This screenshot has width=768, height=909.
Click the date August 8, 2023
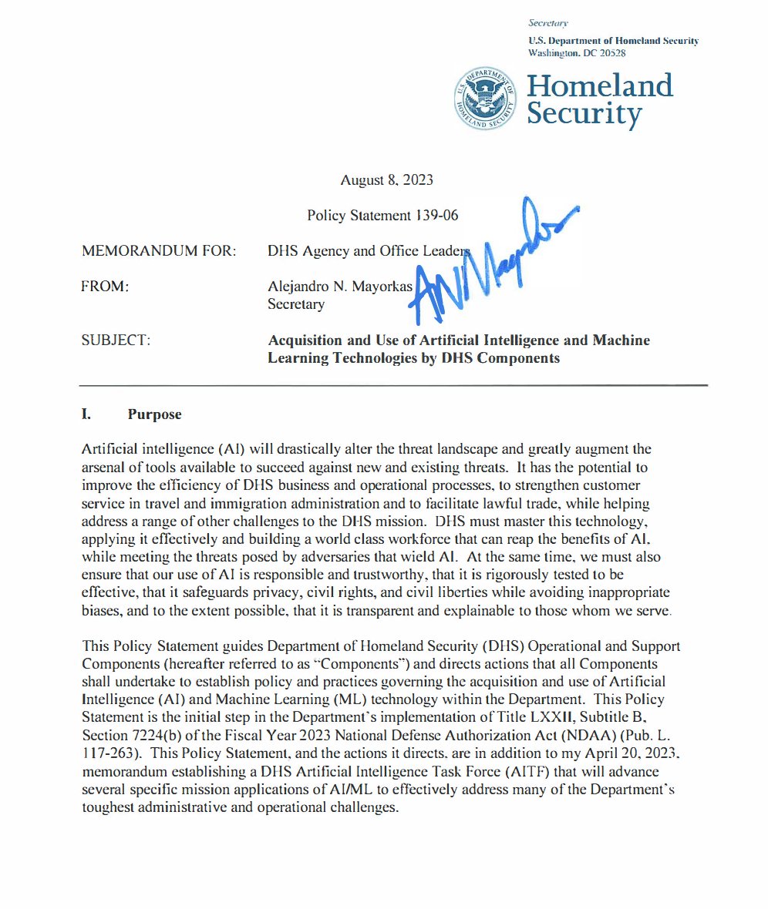point(386,180)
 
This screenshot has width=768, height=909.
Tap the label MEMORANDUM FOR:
point(158,251)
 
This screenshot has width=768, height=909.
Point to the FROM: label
point(104,287)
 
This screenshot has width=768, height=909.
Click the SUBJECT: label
point(116,340)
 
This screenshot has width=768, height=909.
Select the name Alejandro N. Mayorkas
point(340,287)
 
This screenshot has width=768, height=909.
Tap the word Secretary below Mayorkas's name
point(295,304)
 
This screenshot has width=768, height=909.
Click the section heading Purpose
point(155,414)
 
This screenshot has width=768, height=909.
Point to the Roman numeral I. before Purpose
point(86,414)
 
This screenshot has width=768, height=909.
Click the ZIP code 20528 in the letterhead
point(609,53)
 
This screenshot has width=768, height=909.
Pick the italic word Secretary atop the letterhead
point(549,23)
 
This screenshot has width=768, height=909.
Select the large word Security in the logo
point(584,115)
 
